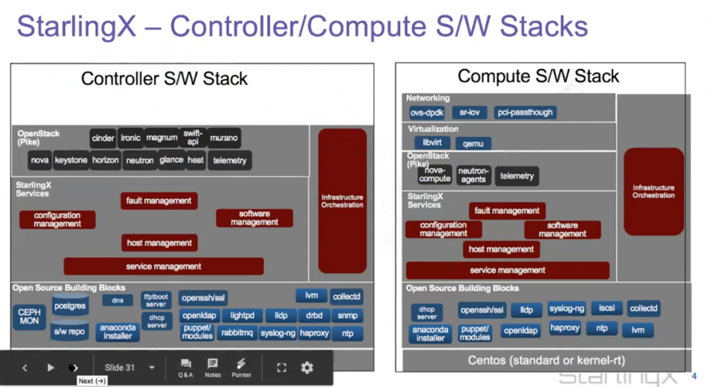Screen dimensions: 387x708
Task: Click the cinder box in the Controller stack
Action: pos(103,138)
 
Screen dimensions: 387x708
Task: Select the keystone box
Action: pos(71,160)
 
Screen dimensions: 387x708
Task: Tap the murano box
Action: pos(223,138)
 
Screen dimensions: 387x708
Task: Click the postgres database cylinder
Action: pos(69,305)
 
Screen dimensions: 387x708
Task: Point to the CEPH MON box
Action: pos(29,317)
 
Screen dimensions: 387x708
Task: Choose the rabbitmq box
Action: pos(236,333)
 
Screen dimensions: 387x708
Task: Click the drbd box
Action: pos(314,316)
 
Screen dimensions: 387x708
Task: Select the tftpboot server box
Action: pos(156,301)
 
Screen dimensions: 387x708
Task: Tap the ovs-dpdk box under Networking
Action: pos(427,112)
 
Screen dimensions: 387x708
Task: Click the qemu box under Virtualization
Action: pos(473,143)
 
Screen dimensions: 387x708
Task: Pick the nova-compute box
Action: pos(435,174)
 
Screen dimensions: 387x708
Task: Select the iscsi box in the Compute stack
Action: pos(606,308)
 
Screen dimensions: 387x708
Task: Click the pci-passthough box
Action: pos(525,112)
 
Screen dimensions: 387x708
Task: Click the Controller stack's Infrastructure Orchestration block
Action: pos(342,200)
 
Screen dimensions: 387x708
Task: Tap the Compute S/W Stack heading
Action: pos(539,76)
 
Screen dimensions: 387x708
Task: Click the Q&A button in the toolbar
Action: pos(185,367)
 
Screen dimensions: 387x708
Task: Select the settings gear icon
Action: pos(307,368)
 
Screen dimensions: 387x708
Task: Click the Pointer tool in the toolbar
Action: pos(241,367)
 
